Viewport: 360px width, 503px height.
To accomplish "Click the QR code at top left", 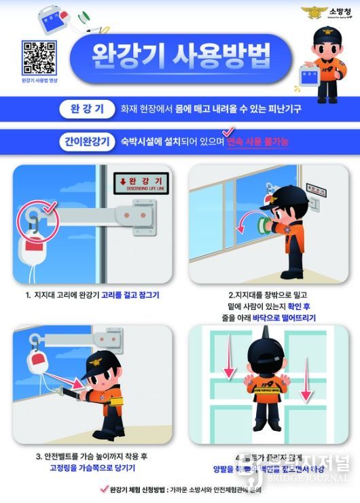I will click(x=39, y=58).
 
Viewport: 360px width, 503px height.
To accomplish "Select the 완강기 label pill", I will click(x=87, y=108).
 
